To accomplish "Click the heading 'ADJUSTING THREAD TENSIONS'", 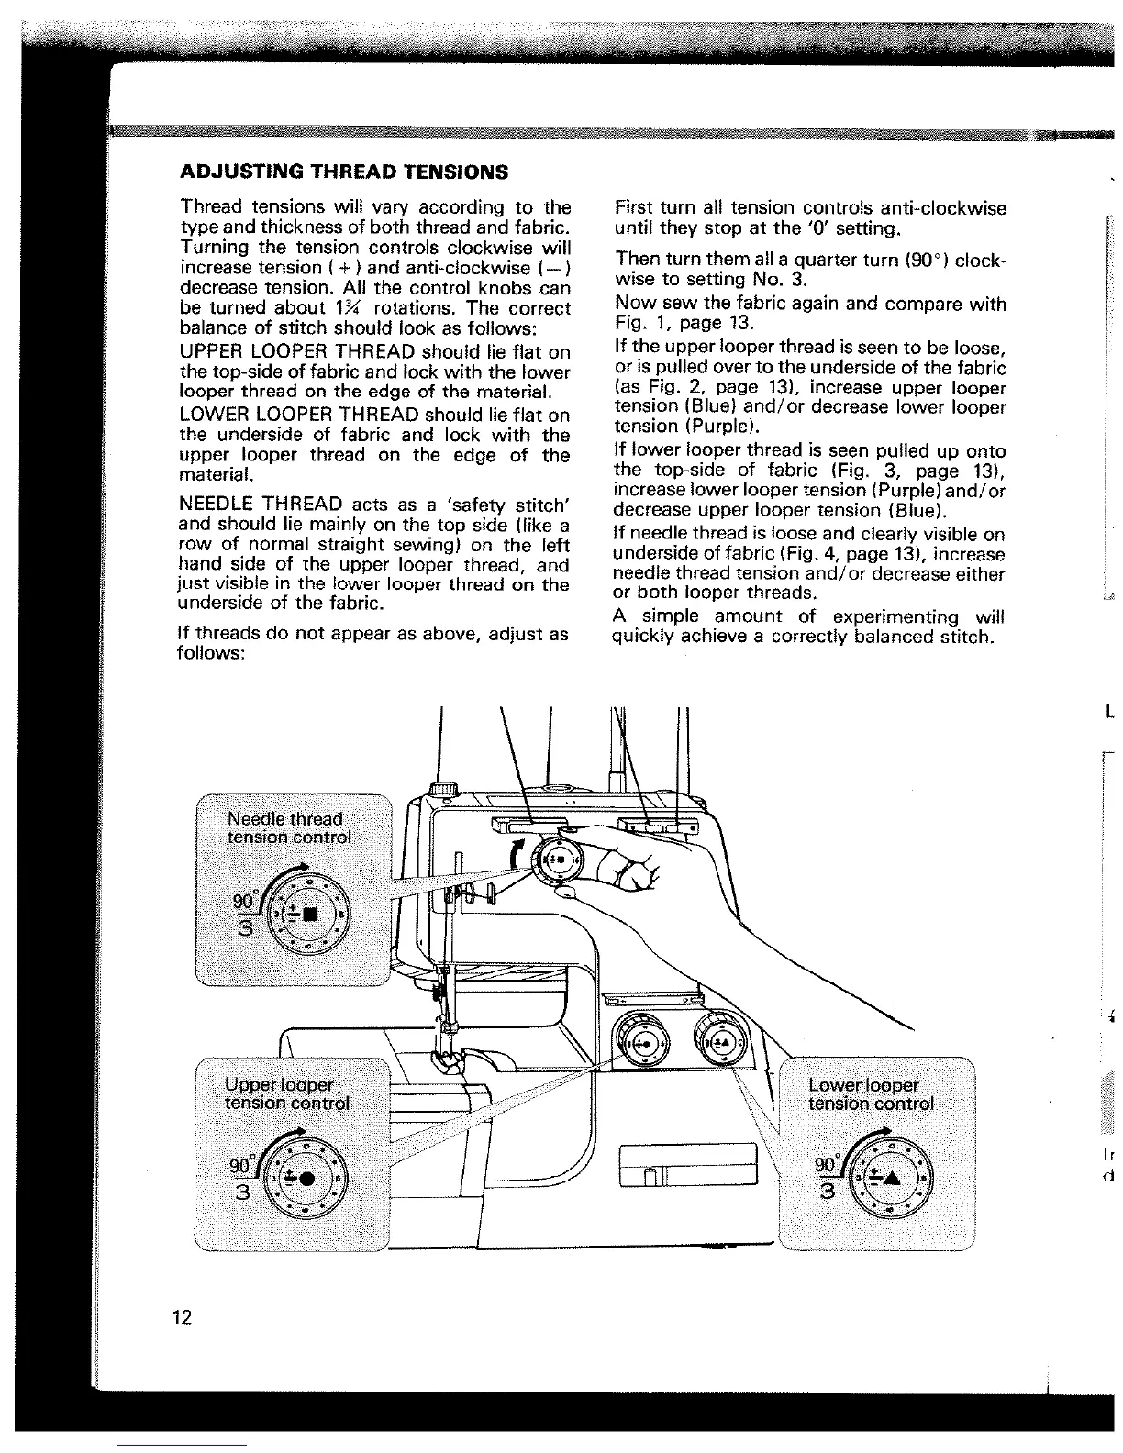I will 344,172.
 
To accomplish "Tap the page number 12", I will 181,1317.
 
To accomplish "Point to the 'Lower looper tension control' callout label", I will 871,1094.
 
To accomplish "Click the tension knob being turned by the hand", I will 559,861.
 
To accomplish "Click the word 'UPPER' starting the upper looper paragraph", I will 211,352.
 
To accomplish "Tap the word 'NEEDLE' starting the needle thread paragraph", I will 217,505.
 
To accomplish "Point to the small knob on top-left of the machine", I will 445,789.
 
